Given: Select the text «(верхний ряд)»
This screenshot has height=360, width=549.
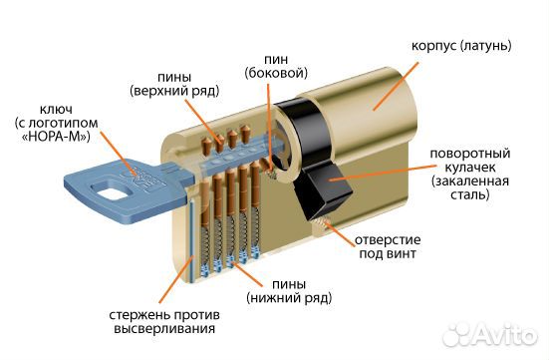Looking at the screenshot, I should [x=169, y=91].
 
